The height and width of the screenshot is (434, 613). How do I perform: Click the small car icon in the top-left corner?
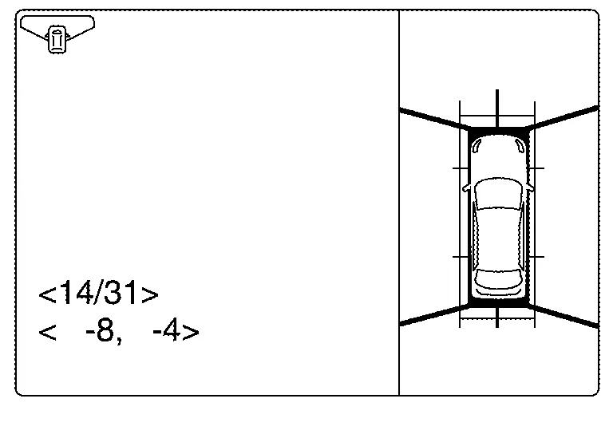pos(57,39)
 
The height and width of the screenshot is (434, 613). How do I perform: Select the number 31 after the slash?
pos(121,292)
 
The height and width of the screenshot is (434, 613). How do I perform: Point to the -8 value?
pos(99,330)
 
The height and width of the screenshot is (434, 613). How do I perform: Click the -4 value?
pos(167,330)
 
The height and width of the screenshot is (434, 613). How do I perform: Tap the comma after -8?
pos(118,340)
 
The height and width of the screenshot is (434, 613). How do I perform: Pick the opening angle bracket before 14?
pos(48,294)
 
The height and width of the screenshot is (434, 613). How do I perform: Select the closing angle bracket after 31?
pos(150,294)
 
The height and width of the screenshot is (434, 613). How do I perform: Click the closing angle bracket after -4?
pos(191,333)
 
